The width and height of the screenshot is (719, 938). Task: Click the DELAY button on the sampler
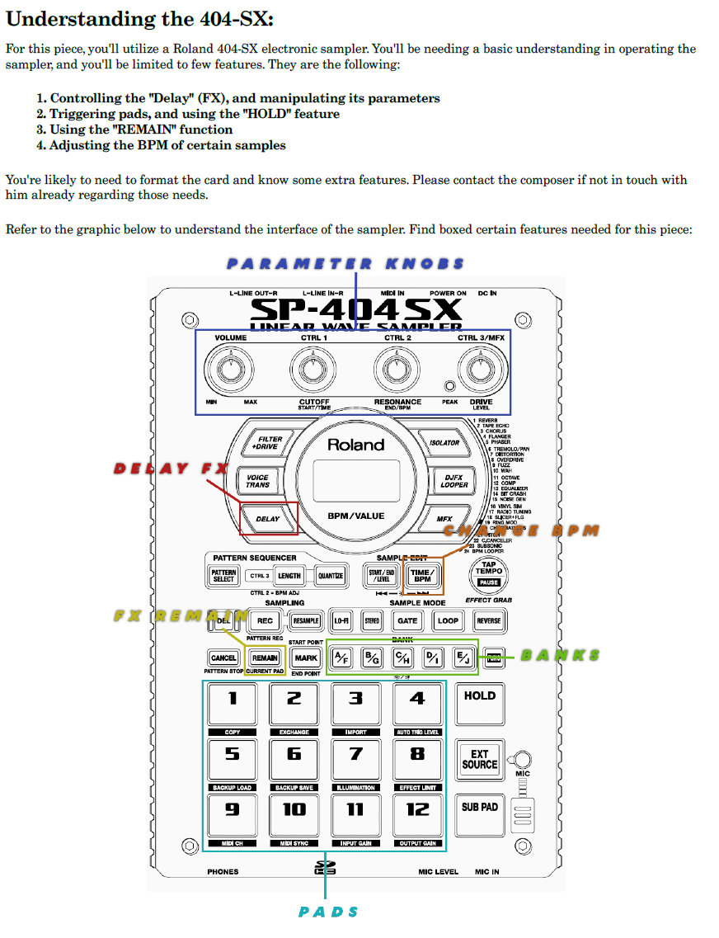tap(268, 519)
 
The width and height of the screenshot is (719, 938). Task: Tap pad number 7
tap(355, 756)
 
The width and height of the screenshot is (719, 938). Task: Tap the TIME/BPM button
tap(422, 575)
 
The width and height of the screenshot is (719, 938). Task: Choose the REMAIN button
tap(265, 658)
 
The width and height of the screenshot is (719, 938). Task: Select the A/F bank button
tap(342, 658)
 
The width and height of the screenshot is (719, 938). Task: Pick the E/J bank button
tap(463, 658)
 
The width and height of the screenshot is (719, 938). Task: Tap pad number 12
tap(417, 811)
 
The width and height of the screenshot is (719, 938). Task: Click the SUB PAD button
tap(480, 808)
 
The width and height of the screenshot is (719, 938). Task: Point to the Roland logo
tap(355, 445)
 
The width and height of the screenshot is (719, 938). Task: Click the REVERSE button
tap(488, 620)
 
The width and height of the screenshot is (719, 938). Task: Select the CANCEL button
tap(223, 658)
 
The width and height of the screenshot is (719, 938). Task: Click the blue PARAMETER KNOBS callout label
tap(345, 264)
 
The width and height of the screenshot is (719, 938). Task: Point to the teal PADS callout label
tap(328, 912)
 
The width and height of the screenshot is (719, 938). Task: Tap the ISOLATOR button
tap(444, 442)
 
